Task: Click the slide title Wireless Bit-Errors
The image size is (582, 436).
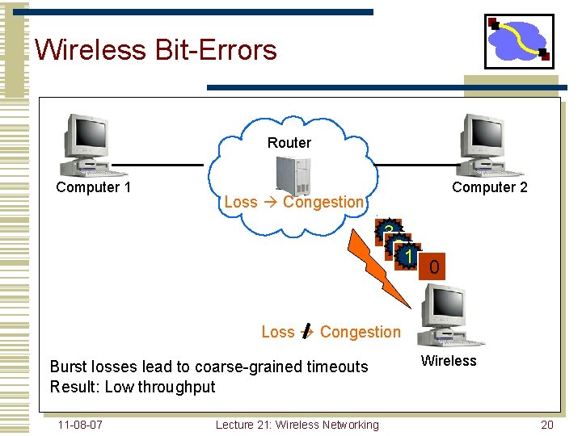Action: [x=156, y=50]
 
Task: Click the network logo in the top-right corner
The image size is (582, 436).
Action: [x=519, y=40]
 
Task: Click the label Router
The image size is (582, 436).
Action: [x=289, y=143]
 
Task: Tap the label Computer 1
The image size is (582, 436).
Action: [x=93, y=187]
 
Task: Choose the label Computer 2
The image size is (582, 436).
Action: [x=490, y=187]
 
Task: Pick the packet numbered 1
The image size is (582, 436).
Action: [x=409, y=258]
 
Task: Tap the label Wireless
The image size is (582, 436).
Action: [x=449, y=361]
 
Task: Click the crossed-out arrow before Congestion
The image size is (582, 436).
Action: [x=306, y=332]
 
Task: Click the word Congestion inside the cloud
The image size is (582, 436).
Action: [x=323, y=202]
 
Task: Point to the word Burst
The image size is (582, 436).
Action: [x=70, y=367]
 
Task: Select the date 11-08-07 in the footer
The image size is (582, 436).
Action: [x=80, y=425]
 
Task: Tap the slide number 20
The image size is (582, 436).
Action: [x=547, y=425]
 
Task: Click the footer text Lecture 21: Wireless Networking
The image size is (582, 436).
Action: [x=297, y=425]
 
